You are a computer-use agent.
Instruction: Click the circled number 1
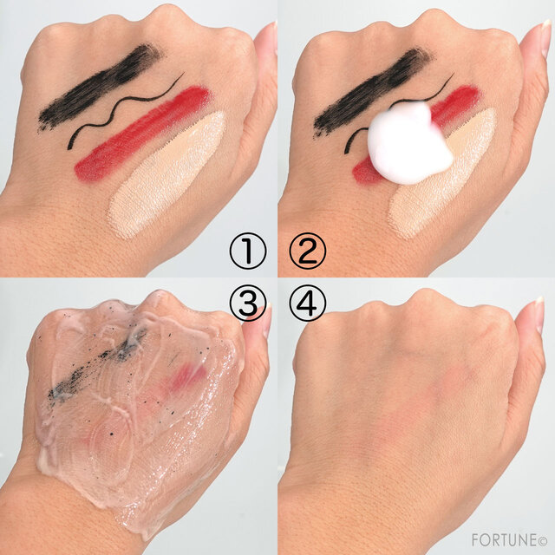coord(248,251)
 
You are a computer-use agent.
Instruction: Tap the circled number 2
coord(308,251)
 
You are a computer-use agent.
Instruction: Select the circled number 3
coord(248,303)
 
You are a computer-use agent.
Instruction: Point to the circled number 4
coord(308,303)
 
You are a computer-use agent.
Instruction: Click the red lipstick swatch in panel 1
coord(141,134)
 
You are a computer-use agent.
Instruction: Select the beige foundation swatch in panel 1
coord(166,174)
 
